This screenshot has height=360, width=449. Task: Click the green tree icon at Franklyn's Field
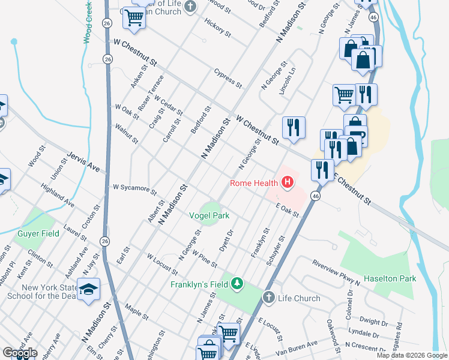point(238,283)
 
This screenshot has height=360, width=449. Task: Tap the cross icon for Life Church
point(268,298)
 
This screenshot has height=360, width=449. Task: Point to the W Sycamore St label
point(135,190)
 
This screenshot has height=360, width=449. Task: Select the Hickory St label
point(217,28)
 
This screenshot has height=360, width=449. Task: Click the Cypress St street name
point(228,76)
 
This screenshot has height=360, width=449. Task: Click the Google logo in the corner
point(20,353)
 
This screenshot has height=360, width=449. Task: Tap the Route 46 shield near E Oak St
point(315,196)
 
